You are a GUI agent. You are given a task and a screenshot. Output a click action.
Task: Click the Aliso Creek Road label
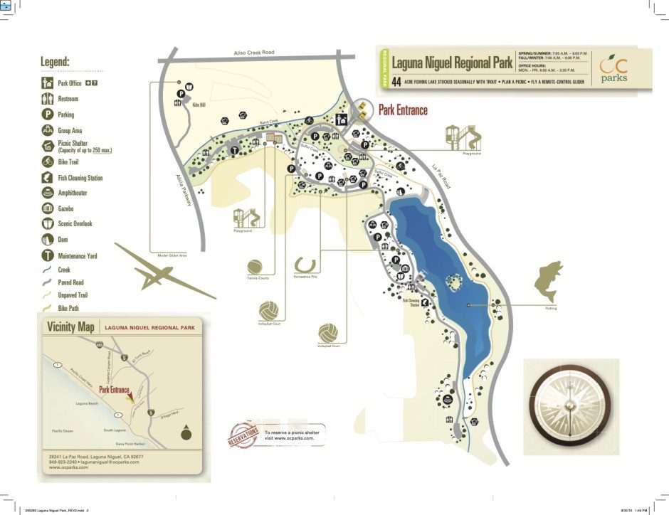[x=254, y=53]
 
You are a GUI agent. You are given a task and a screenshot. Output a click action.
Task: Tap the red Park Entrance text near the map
[x=403, y=110]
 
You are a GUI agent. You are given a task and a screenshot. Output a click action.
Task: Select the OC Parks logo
[x=613, y=69]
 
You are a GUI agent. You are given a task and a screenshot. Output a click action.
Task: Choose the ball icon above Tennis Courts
[x=256, y=266]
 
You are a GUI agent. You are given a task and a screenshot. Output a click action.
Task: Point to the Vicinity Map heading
[x=70, y=327]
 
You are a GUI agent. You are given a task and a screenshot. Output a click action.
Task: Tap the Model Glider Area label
[x=172, y=255]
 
